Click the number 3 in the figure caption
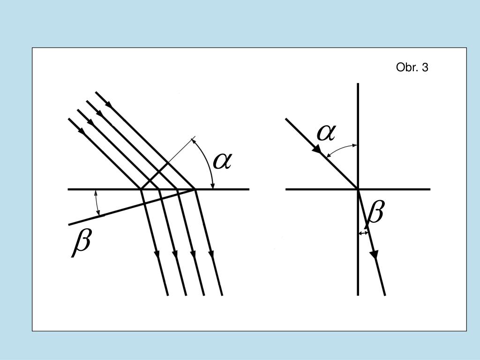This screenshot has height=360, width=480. (425, 67)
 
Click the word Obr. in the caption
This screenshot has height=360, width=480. (406, 67)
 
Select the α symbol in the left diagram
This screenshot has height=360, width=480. (223, 161)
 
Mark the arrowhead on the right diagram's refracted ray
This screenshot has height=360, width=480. (374, 254)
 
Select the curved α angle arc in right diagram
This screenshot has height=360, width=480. (342, 149)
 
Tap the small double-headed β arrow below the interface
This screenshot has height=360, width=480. (363, 232)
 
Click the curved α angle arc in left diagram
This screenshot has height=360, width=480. (206, 162)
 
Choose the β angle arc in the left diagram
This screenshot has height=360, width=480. (97, 202)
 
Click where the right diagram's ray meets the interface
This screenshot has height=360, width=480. (358, 189)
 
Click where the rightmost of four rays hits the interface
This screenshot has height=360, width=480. (195, 189)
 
